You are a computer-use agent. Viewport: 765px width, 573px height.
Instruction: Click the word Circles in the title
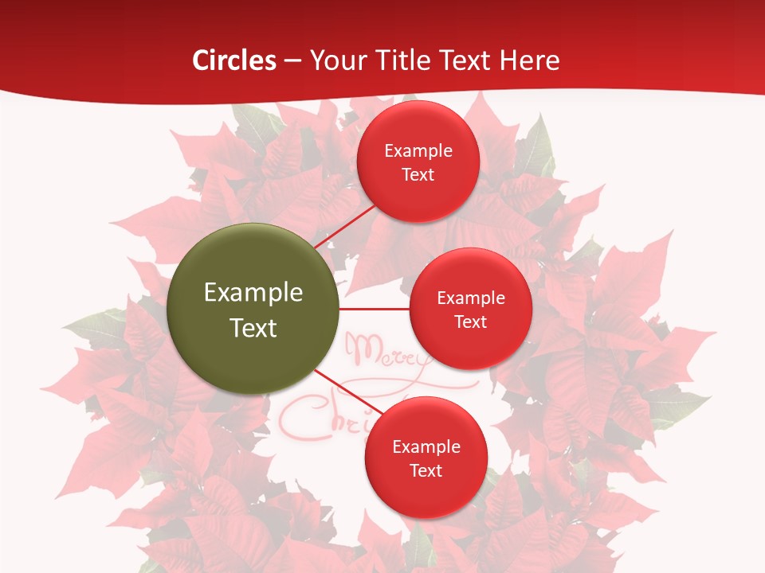pyautogui.click(x=234, y=60)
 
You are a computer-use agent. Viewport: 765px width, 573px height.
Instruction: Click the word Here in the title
pyautogui.click(x=530, y=60)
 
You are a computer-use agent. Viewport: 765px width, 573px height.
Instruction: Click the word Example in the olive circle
pyautogui.click(x=253, y=293)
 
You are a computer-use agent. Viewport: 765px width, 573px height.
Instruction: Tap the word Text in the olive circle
pyautogui.click(x=253, y=327)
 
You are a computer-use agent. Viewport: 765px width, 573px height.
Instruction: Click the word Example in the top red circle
pyautogui.click(x=418, y=151)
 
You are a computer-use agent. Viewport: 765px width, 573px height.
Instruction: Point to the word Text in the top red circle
pyautogui.click(x=418, y=175)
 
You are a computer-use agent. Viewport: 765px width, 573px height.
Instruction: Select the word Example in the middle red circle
pyautogui.click(x=471, y=298)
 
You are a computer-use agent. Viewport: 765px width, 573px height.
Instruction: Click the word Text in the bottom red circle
pyautogui.click(x=426, y=471)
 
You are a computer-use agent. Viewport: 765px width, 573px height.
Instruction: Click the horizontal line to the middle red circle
pyautogui.click(x=375, y=309)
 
